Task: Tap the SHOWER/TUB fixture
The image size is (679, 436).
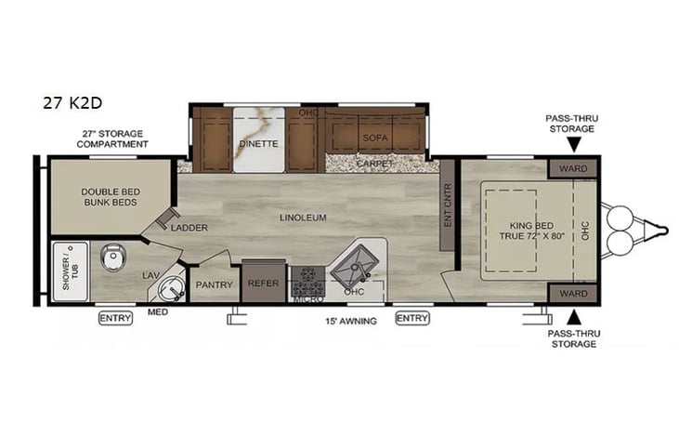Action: (x=70, y=271)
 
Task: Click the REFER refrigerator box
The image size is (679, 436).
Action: (x=262, y=284)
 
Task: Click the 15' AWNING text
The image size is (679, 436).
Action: (x=349, y=322)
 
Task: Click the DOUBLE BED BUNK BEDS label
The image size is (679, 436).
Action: (x=111, y=196)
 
